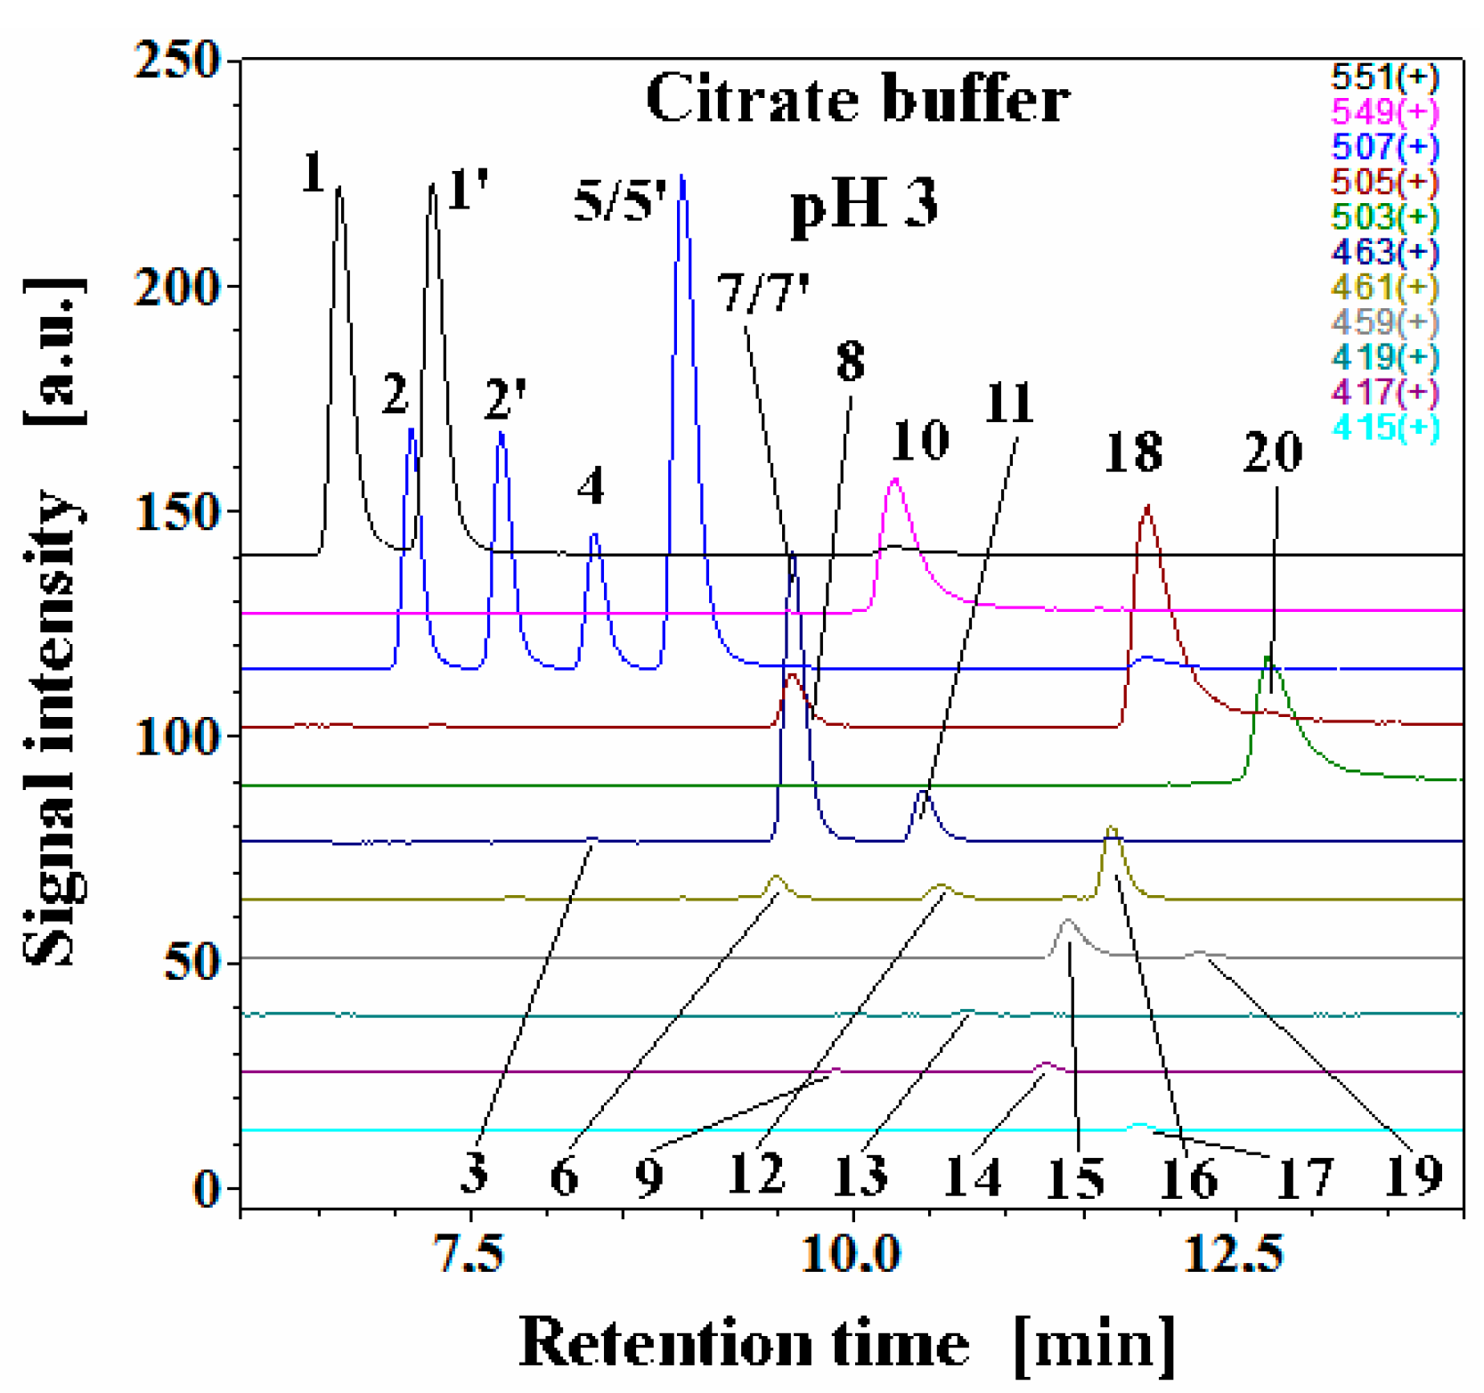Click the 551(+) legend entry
(x=1384, y=77)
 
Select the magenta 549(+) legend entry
(x=1384, y=111)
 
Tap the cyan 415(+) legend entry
(x=1384, y=428)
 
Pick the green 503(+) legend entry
(x=1384, y=216)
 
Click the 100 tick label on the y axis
(x=177, y=737)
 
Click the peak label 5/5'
(x=620, y=200)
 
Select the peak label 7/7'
(x=763, y=294)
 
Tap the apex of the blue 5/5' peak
(x=682, y=177)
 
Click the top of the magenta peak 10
(x=895, y=480)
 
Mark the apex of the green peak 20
(x=1268, y=657)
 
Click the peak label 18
(x=1133, y=452)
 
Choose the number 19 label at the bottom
(x=1415, y=1176)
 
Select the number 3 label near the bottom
(x=474, y=1172)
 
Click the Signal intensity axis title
(x=53, y=623)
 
